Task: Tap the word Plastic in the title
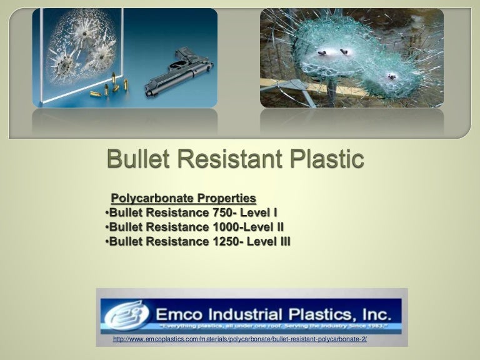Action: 323,159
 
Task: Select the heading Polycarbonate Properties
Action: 183,199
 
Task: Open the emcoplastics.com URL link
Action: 240,339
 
